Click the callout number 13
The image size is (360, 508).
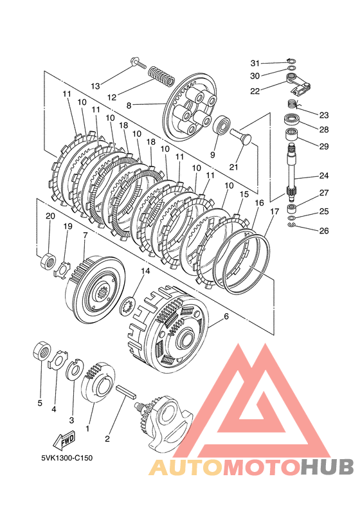[x=95, y=86]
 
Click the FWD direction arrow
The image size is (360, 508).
[x=64, y=440]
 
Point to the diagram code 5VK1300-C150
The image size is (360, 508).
[x=67, y=458]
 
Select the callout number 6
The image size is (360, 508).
[x=226, y=316]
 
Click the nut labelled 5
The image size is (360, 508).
[x=42, y=350]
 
